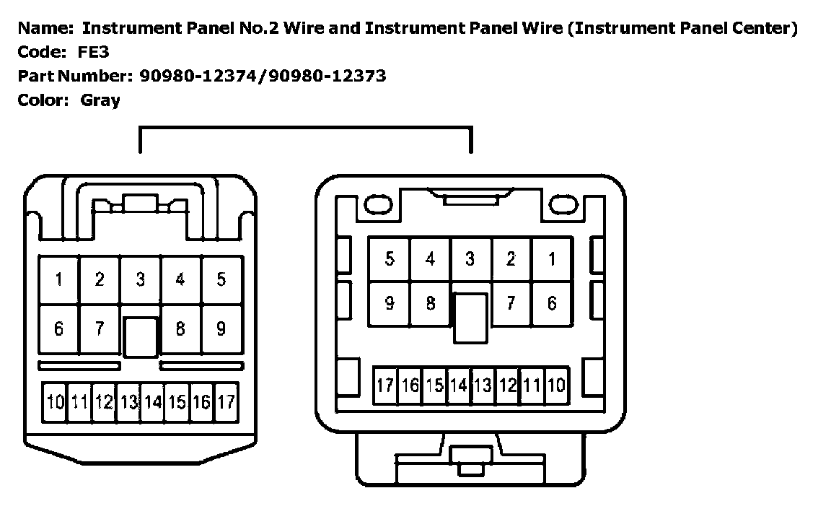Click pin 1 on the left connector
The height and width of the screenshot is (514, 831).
(59, 279)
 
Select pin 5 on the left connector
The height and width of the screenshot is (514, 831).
(221, 279)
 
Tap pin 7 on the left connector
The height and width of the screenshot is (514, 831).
(100, 329)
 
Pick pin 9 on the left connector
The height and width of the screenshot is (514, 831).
(221, 329)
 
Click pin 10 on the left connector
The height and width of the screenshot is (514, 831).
(55, 402)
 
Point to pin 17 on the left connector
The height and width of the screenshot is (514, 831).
(226, 402)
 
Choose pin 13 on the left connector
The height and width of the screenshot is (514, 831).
(128, 402)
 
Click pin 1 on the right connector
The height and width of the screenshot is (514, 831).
(552, 258)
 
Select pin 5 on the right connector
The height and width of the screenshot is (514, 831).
(390, 258)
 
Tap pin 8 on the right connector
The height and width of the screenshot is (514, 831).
(431, 303)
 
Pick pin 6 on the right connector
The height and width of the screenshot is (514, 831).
(552, 303)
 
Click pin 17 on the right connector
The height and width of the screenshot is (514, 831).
(385, 385)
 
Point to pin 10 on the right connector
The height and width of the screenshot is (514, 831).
(555, 385)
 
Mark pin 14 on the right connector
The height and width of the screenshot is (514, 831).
(459, 385)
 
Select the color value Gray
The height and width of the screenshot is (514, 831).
(100, 100)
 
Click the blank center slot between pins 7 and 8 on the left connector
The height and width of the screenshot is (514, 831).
(140, 337)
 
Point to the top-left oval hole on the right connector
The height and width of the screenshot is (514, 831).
(376, 205)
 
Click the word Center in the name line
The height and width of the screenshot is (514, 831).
(765, 29)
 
